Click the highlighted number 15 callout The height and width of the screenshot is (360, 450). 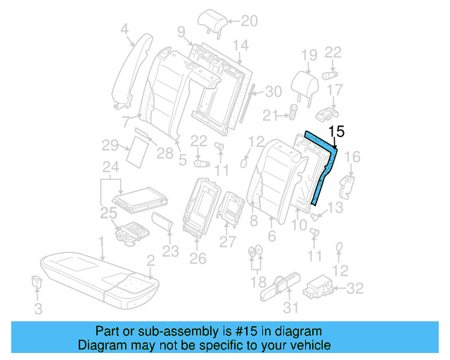(337, 131)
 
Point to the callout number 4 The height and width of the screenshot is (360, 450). (125, 29)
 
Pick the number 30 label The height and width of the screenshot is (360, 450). (273, 91)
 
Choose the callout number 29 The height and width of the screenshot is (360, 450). (110, 146)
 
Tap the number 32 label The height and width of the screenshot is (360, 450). (356, 287)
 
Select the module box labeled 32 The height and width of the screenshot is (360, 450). (320, 287)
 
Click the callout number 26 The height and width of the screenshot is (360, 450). (198, 258)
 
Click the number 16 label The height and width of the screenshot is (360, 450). (354, 157)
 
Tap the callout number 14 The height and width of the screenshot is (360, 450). (240, 46)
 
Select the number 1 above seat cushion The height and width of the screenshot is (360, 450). (103, 241)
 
